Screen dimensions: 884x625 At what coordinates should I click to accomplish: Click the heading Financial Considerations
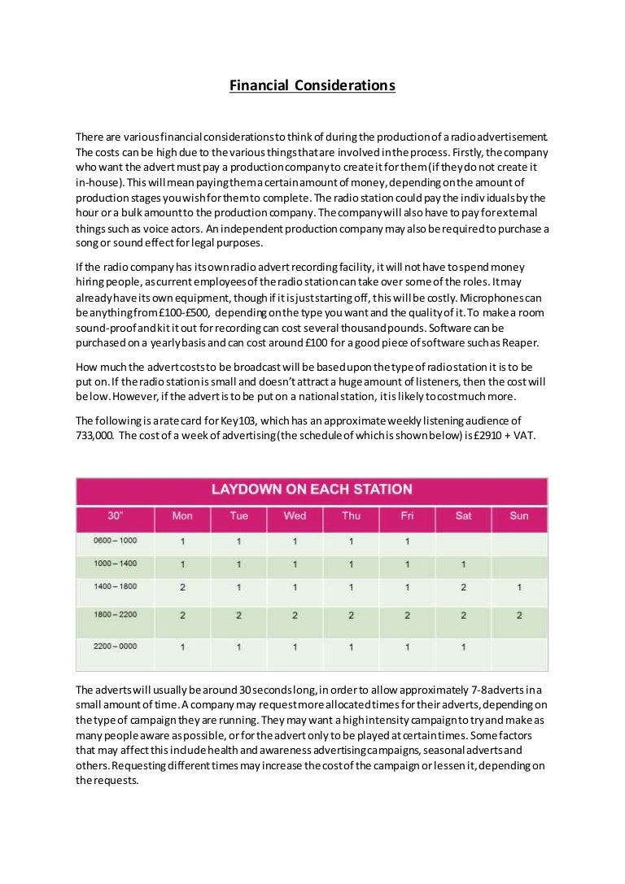pos(312,85)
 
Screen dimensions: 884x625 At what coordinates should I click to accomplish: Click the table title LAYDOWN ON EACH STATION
pos(312,490)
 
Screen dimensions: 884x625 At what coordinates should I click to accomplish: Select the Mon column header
pos(182,516)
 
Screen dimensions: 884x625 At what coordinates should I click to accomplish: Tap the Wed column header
pos(295,516)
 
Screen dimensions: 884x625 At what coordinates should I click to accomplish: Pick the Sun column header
pos(518,516)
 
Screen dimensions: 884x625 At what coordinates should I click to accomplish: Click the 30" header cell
pos(116,516)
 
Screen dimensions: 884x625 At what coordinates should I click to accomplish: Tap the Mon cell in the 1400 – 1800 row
pos(182,587)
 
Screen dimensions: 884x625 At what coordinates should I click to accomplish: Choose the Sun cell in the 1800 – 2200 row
pos(518,616)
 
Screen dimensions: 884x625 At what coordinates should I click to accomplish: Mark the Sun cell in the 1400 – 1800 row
pos(518,587)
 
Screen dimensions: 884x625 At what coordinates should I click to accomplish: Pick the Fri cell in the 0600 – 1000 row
pos(407,541)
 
